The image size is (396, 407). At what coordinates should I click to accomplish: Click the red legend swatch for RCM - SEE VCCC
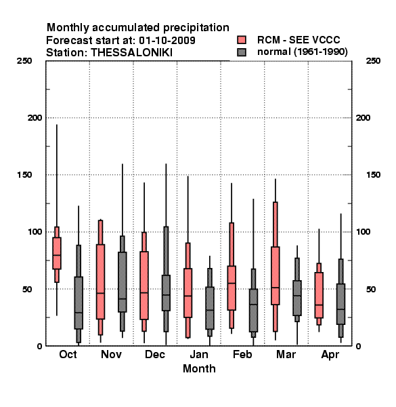[242, 40]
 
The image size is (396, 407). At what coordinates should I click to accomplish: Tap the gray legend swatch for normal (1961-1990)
[242, 52]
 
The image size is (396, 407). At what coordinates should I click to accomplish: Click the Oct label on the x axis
[68, 354]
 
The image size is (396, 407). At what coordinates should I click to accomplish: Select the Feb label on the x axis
[242, 354]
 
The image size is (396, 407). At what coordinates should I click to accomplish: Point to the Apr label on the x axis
[330, 355]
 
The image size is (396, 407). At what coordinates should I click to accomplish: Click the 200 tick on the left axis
[35, 118]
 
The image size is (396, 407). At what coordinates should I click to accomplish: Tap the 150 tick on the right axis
[373, 175]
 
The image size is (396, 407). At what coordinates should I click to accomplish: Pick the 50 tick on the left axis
[27, 289]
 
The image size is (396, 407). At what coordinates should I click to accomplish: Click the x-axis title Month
[199, 368]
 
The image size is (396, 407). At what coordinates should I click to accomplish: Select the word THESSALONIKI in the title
[131, 53]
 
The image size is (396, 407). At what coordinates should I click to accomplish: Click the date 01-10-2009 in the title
[167, 41]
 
